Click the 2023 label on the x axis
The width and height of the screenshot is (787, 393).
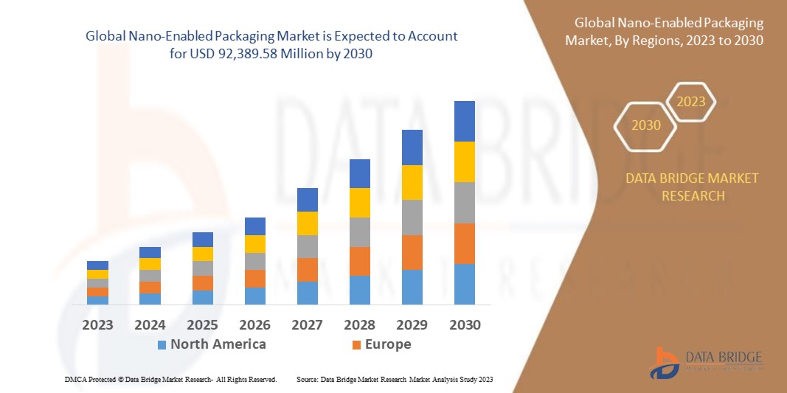(97, 324)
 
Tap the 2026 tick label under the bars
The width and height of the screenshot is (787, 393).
(254, 324)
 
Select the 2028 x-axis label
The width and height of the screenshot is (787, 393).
(359, 324)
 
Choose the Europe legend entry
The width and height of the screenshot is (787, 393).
(381, 344)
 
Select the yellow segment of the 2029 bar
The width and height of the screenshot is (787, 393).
(412, 182)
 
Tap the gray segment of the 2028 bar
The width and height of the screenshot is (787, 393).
(359, 232)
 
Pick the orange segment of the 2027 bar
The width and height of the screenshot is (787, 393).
(307, 269)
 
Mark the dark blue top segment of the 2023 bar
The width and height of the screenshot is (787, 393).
(97, 265)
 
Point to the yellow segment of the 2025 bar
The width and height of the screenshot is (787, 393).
(202, 254)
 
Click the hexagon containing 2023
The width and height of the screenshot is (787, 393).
(691, 102)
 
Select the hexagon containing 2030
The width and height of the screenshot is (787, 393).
(646, 125)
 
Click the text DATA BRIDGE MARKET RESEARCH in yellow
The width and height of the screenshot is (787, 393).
(692, 187)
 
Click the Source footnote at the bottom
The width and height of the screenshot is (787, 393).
(395, 379)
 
